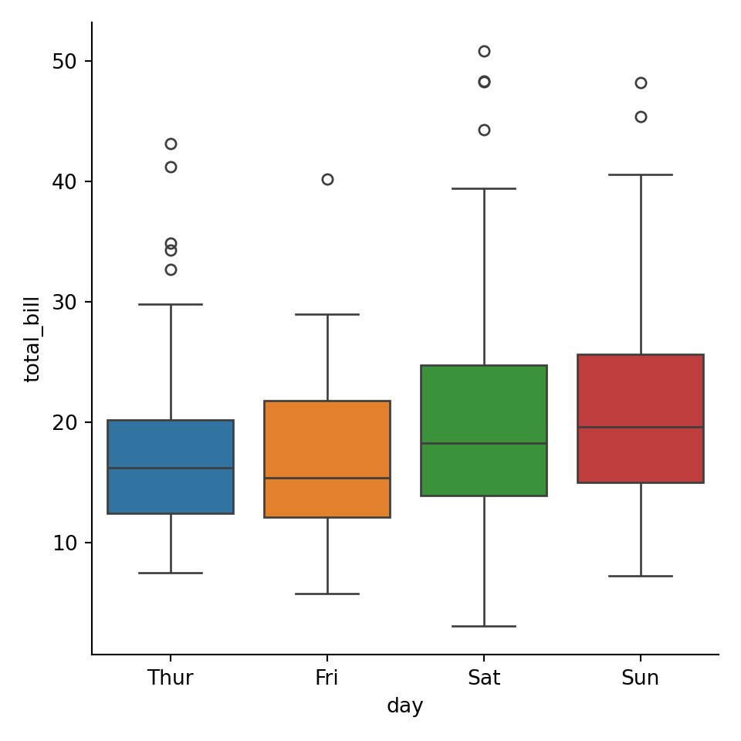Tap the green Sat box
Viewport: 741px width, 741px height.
(x=484, y=401)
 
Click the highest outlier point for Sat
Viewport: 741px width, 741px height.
(x=484, y=51)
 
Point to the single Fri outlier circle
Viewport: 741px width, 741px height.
(x=327, y=179)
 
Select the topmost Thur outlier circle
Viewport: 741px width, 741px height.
(x=171, y=144)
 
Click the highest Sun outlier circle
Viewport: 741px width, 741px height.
(x=641, y=83)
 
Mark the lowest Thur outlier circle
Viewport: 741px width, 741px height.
(x=171, y=269)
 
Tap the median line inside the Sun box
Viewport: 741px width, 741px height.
(x=641, y=427)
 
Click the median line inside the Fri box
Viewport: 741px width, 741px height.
(x=327, y=478)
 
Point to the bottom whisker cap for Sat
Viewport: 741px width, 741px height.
(x=484, y=626)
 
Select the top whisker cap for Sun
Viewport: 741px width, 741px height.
(x=641, y=174)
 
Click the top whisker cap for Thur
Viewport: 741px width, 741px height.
(x=171, y=304)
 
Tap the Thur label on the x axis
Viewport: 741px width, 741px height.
(x=171, y=678)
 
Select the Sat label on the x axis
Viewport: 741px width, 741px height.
(x=484, y=678)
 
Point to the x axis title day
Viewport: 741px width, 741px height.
(x=404, y=706)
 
